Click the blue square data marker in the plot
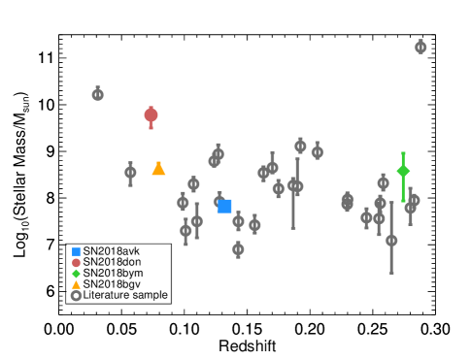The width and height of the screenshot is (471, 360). tap(224, 206)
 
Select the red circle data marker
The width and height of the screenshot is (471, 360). tap(151, 115)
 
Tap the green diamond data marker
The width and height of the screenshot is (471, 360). tap(403, 171)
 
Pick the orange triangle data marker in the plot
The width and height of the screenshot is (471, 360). tap(158, 169)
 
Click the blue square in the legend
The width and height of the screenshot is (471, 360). tap(77, 251)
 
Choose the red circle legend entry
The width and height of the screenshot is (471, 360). tap(77, 263)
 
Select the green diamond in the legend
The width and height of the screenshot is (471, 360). tap(77, 274)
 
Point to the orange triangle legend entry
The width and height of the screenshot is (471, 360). tap(77, 284)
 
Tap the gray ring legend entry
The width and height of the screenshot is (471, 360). tap(77, 296)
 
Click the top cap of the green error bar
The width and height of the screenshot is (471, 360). tap(403, 153)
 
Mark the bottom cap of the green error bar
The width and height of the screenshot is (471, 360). tap(403, 201)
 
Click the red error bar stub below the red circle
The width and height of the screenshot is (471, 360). tap(151, 126)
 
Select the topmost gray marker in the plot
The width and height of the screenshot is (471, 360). tap(421, 47)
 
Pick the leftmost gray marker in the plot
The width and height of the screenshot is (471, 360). tap(98, 94)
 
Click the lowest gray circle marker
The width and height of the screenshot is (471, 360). tap(238, 249)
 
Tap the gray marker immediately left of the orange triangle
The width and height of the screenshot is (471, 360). tap(130, 173)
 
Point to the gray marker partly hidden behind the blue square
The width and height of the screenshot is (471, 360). tap(219, 202)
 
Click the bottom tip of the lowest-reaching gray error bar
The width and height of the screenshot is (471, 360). tap(391, 274)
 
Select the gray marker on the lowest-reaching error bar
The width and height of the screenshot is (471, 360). tap(391, 241)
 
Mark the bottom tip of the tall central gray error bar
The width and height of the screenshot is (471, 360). tap(293, 229)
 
